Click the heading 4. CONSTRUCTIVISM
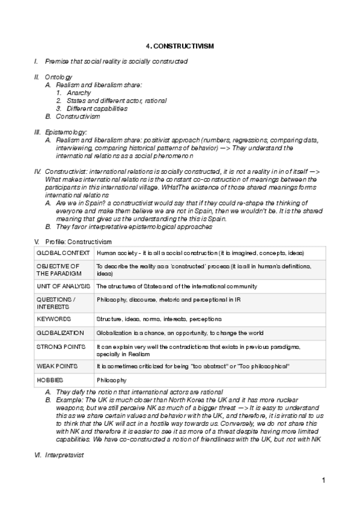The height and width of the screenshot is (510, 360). click(x=180, y=46)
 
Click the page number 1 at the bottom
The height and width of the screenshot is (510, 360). click(x=323, y=480)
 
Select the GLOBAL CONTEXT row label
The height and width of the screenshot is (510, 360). click(x=63, y=253)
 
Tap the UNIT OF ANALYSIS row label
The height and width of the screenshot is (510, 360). click(x=63, y=286)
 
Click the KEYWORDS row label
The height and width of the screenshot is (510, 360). click(x=54, y=319)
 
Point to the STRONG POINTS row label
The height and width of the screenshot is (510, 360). click(x=61, y=348)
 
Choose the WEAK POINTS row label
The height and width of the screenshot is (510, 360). click(x=58, y=366)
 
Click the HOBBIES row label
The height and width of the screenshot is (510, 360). click(x=50, y=381)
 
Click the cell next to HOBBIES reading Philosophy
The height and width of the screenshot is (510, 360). click(x=111, y=381)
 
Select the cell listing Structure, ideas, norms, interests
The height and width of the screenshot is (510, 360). click(x=159, y=319)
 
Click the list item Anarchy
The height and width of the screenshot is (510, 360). click(x=79, y=93)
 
